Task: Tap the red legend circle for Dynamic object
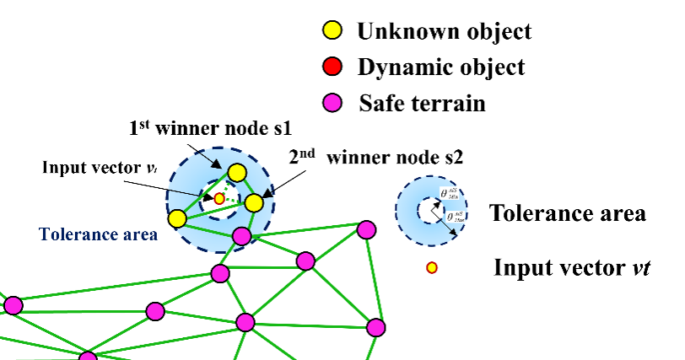pos(332,67)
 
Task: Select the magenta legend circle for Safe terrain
pos(332,103)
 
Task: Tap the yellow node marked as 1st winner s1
pos(237,174)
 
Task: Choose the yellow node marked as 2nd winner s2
pos(254,202)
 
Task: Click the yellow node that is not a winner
pos(177,219)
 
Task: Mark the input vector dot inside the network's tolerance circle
pos(219,198)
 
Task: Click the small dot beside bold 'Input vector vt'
pos(432,268)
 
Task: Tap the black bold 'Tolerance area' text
pos(567,212)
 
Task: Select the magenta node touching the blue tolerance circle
pos(242,236)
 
